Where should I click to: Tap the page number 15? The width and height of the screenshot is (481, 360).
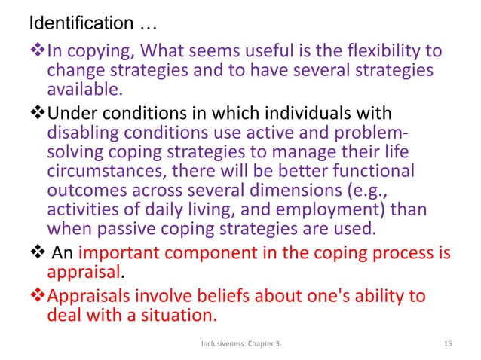(449, 344)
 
